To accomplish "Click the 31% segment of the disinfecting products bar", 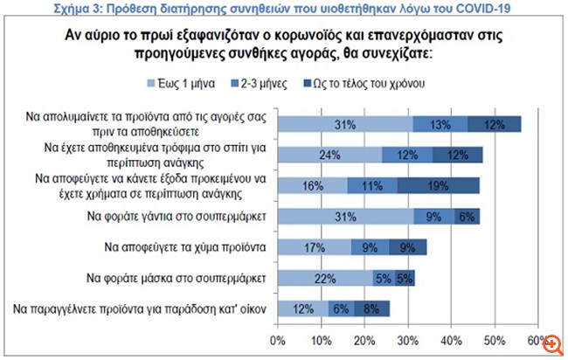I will coord(345,125).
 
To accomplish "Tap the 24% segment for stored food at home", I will coord(330,156).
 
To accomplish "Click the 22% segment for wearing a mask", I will coord(326,278).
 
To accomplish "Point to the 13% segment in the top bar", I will coord(440,125).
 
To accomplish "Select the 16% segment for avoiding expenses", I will coord(313,186).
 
